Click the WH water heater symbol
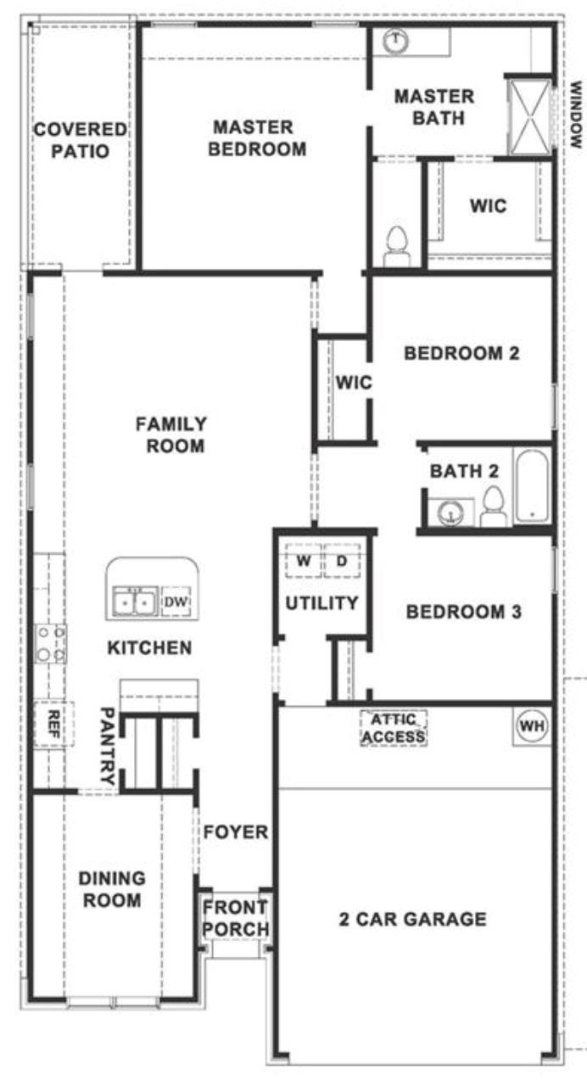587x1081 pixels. click(x=531, y=726)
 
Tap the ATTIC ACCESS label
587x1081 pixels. click(x=394, y=728)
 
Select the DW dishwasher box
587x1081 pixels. click(x=176, y=602)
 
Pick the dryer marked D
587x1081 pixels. click(x=341, y=562)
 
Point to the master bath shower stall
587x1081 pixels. click(x=529, y=115)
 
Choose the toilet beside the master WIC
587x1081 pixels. click(x=397, y=244)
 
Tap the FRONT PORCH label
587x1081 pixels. click(x=236, y=919)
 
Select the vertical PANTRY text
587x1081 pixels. click(x=108, y=745)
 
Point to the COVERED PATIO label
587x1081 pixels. click(x=81, y=141)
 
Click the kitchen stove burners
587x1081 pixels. click(x=49, y=643)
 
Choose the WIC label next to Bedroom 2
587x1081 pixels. click(x=353, y=383)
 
